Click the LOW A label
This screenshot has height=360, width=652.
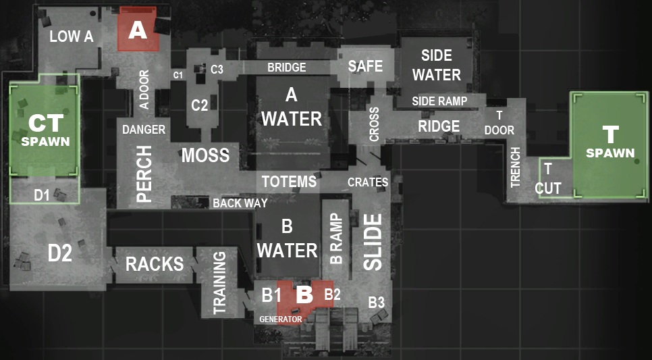point(71,36)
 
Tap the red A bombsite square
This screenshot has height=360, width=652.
point(138,29)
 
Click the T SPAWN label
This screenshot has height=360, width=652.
point(610,143)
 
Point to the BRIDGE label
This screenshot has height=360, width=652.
point(286,68)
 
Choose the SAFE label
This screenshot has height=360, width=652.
point(365,66)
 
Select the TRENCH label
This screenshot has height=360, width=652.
point(516,167)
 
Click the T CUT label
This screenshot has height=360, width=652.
point(548,180)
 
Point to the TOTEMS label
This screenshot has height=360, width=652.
point(289,181)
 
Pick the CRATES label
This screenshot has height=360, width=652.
point(367,182)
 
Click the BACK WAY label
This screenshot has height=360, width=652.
point(240,203)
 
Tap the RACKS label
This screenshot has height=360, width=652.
point(154,263)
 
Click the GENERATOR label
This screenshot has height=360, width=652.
point(280,319)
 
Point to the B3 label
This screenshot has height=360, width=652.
point(376,303)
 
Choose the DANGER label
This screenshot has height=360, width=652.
point(144,129)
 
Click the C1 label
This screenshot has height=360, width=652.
point(178,75)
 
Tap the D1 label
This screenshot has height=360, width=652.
point(42,195)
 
